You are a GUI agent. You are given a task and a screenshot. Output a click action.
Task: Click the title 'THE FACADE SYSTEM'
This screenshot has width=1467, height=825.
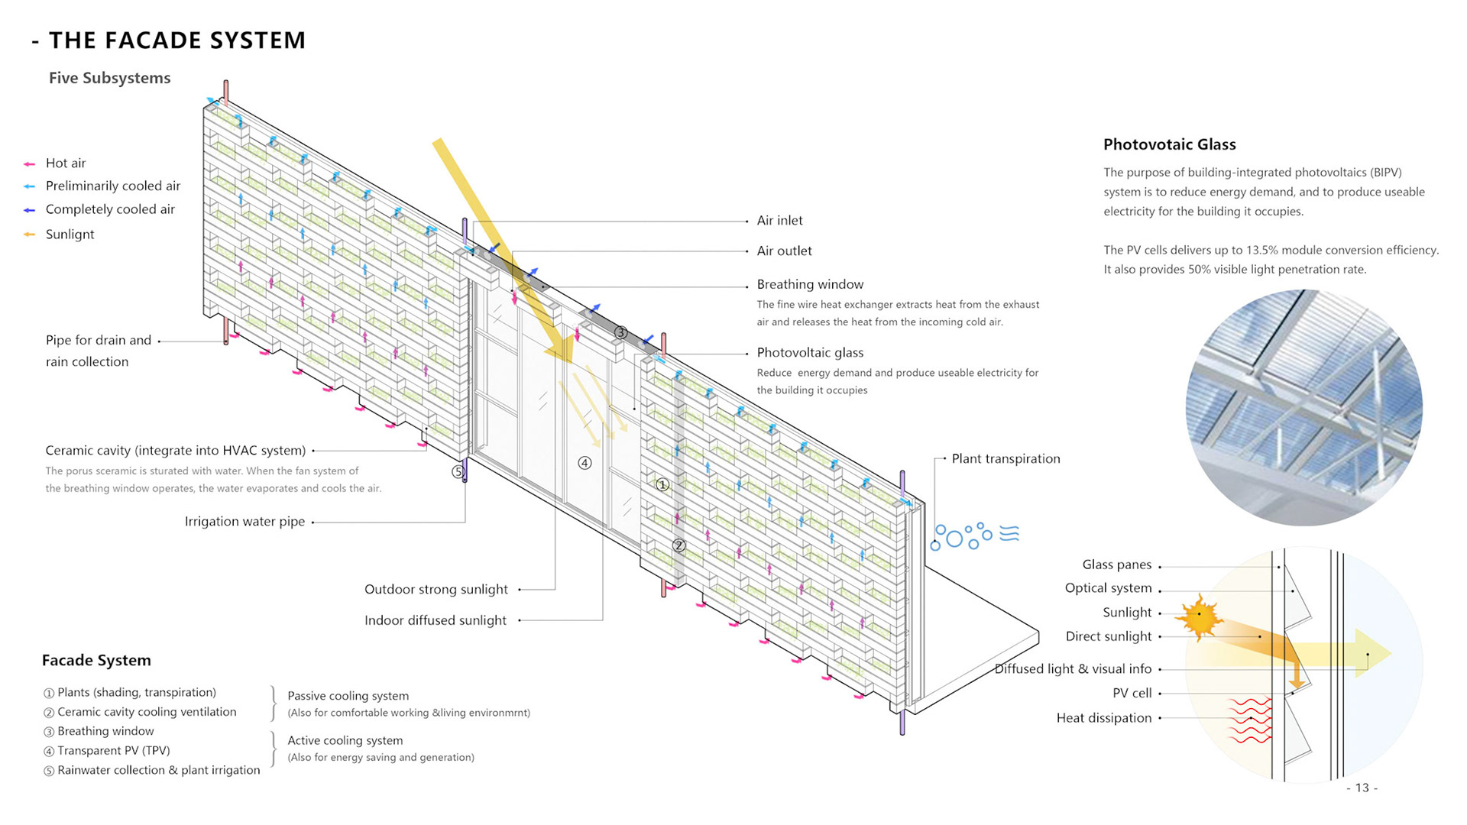[x=176, y=40]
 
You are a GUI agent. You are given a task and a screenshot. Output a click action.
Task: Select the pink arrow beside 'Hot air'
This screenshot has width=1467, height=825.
[x=29, y=164]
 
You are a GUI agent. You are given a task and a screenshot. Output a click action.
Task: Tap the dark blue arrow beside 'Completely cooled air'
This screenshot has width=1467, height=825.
[x=29, y=210]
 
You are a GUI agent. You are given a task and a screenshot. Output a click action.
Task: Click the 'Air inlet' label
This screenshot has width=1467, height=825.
[x=779, y=221]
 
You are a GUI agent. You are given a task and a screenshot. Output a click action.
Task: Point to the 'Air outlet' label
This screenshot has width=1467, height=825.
[x=784, y=251]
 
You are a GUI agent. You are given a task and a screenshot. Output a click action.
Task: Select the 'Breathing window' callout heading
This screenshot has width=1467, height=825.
[x=810, y=284]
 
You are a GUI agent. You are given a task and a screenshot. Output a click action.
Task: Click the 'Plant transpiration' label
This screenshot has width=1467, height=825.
[x=1006, y=459]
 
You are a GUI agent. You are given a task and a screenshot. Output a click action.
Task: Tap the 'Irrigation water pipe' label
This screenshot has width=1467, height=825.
[x=244, y=522]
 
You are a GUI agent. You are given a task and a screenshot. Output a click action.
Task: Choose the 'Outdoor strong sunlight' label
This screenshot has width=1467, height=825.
[x=436, y=590]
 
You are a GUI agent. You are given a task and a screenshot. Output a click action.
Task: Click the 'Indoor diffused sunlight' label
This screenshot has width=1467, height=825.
[x=435, y=621]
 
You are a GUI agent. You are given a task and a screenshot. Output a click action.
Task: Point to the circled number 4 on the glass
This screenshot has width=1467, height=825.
[x=585, y=463]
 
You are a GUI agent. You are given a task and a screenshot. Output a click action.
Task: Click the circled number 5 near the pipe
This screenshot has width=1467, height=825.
[x=458, y=472]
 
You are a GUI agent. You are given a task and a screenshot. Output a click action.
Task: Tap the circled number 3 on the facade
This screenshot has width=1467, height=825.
[x=620, y=332]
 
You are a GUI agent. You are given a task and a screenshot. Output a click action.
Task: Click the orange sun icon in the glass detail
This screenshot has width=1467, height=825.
[x=1200, y=616]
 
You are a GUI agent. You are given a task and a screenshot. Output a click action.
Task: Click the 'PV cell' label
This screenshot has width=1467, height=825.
[x=1132, y=694]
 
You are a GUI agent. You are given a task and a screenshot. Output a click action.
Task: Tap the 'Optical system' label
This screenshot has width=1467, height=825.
[x=1108, y=588]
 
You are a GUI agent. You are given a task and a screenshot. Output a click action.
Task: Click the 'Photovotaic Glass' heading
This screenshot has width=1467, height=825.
[x=1169, y=145]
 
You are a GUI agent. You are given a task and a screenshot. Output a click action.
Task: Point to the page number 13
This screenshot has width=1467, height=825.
[x=1362, y=788]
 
